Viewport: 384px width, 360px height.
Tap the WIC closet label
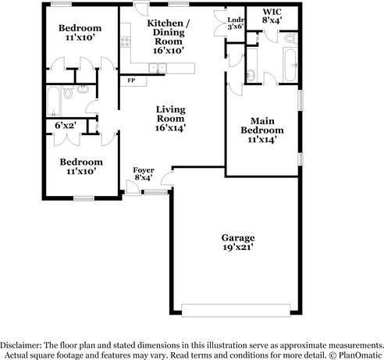point(272,12)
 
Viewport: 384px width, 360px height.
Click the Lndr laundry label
point(234,20)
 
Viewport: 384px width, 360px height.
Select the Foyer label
point(143,169)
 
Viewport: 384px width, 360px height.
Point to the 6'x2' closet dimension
point(64,124)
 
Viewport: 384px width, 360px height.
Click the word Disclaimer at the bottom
point(21,344)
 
